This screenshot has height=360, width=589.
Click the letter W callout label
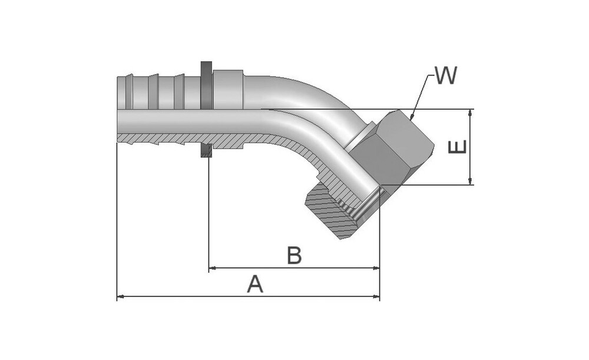[446, 76]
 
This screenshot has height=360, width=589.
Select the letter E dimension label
[459, 147]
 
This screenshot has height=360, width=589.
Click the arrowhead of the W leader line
[411, 119]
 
